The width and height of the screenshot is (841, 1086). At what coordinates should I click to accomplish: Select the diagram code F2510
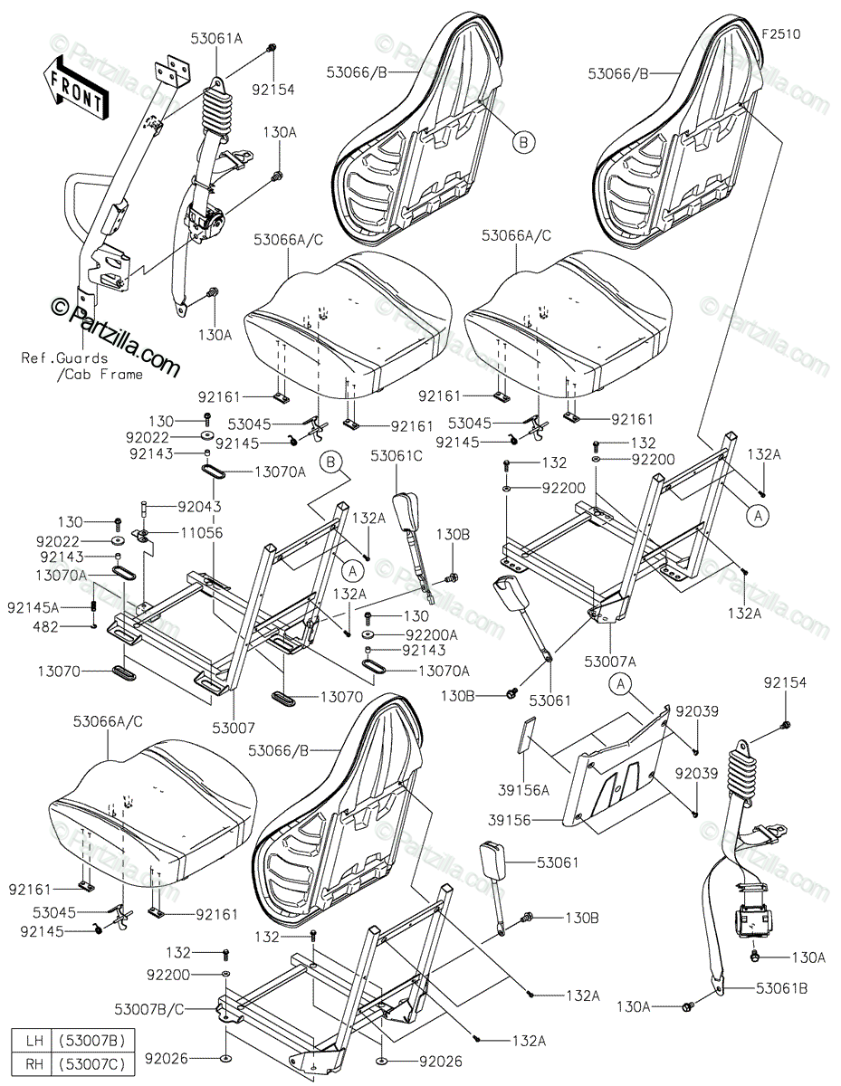(780, 33)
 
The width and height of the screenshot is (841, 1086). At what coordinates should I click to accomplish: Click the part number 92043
(198, 507)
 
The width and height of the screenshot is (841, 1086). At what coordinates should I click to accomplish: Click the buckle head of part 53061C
(404, 510)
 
